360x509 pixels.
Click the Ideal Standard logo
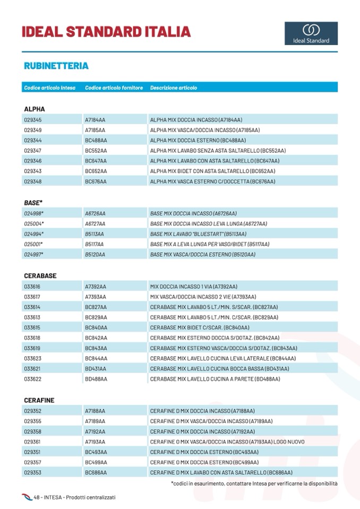pos(311,33)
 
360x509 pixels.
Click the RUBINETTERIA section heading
pos(56,66)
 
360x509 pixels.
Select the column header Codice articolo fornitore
pos(114,88)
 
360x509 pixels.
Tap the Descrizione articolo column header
pos(173,88)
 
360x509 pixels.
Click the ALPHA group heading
pos(35,109)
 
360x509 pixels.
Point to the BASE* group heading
pos(33,203)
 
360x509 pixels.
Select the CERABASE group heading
pos(40,276)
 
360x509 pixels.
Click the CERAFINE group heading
pos(39,400)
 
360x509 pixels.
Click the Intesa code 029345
pos(33,120)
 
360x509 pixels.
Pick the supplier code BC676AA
pos(96,182)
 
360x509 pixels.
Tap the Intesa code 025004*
pos(34,223)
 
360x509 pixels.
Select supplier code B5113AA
pos(95,234)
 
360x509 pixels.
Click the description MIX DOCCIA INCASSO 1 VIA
pos(194,286)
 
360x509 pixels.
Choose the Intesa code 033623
pos(32,358)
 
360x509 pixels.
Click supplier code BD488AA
pos(96,379)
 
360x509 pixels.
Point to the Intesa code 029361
pos(33,442)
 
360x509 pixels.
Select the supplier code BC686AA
pos(96,472)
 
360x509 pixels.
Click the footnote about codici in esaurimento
pos(254,484)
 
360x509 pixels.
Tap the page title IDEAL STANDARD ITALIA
pos(106,32)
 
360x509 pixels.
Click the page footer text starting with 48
pos(74,497)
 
